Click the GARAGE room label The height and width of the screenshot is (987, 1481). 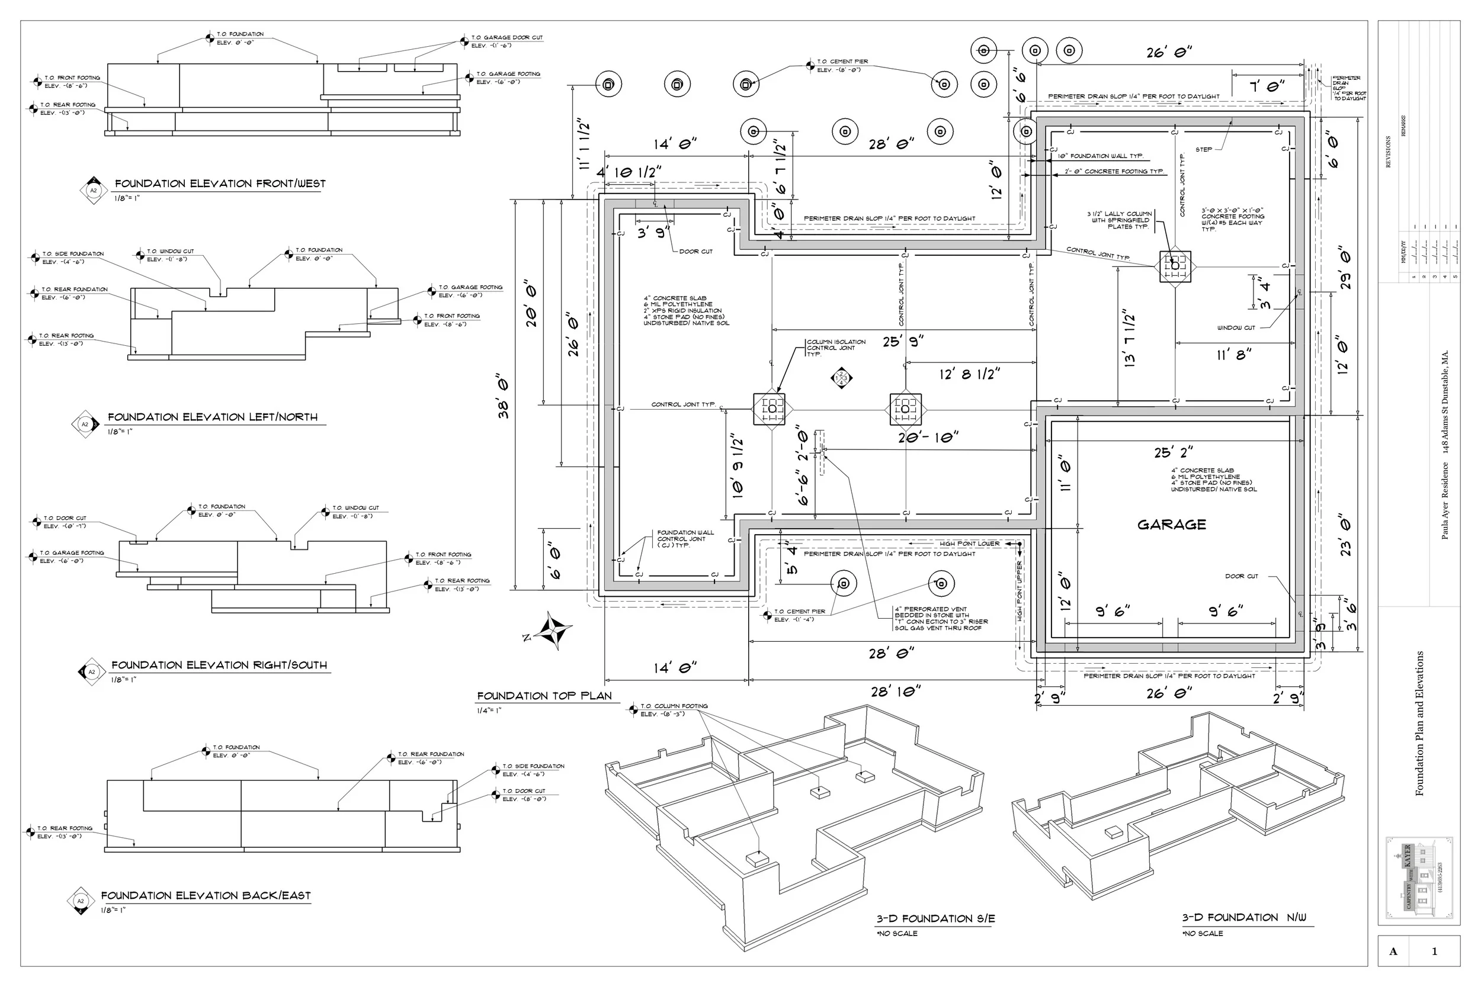(x=1171, y=525)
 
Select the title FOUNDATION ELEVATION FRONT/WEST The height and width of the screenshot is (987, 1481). (x=220, y=184)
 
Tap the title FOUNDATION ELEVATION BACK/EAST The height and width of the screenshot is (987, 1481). (x=206, y=895)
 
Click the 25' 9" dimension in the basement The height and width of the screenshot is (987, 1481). (x=903, y=342)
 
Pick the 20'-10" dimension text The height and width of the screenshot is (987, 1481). (x=928, y=438)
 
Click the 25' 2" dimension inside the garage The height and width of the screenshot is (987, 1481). (x=1173, y=452)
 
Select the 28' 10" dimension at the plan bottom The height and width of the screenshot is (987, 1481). (x=895, y=692)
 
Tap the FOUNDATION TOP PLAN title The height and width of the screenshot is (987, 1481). (x=544, y=696)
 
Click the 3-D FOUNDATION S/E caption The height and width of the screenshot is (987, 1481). (x=936, y=918)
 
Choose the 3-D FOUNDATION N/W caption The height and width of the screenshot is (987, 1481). (x=1243, y=917)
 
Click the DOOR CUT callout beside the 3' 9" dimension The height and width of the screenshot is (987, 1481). (x=696, y=251)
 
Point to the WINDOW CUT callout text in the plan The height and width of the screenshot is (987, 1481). (x=1235, y=327)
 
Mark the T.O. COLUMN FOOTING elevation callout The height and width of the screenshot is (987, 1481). (x=673, y=709)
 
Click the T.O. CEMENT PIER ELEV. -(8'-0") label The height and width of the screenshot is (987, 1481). (x=842, y=66)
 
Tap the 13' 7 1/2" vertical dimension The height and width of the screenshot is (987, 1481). (x=1129, y=338)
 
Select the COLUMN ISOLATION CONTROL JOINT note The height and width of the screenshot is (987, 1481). (x=836, y=348)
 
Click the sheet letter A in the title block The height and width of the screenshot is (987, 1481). (x=1393, y=951)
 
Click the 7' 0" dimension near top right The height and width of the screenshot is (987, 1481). (x=1267, y=86)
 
